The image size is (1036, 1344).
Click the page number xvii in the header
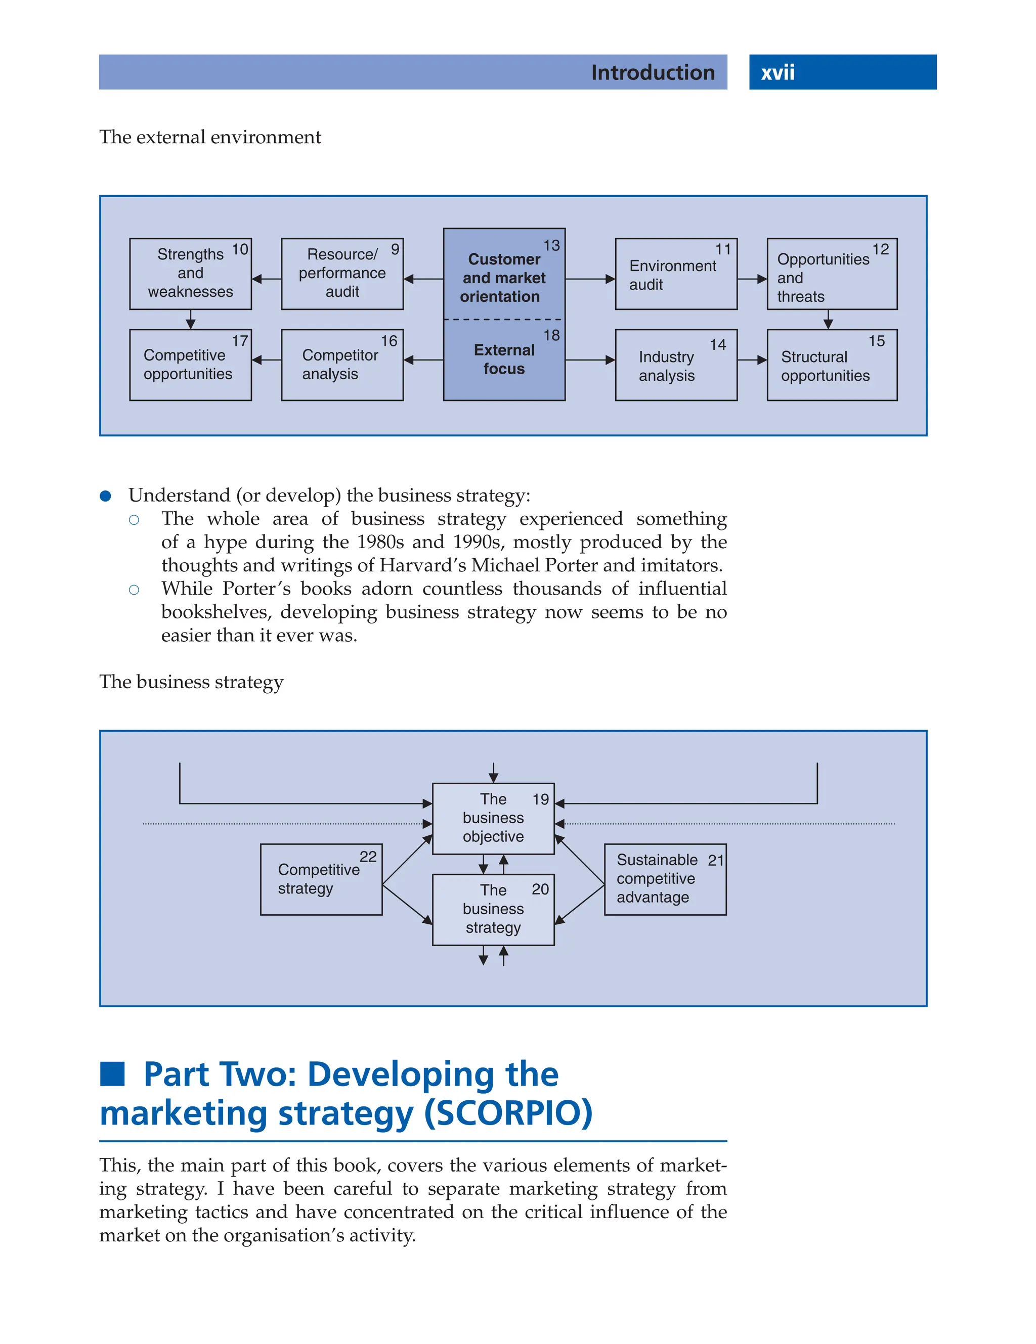778,73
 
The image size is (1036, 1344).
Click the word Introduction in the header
653,73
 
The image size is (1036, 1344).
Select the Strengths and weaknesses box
190,274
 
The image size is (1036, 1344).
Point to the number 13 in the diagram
551,246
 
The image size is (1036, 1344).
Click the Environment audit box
675,274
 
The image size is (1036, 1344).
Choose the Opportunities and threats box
831,274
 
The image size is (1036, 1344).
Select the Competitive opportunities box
190,365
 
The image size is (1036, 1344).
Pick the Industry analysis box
675,365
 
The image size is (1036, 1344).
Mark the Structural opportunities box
831,365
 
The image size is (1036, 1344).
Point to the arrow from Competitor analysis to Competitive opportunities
266,360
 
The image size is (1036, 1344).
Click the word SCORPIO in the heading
508,1113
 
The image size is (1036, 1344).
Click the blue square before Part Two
113,1074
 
